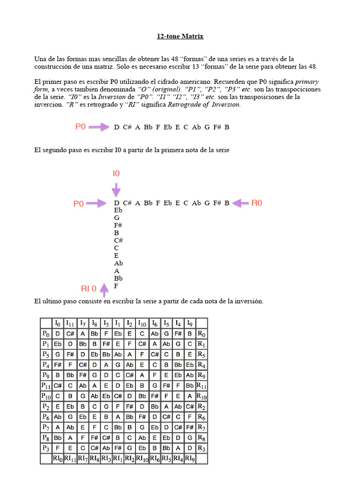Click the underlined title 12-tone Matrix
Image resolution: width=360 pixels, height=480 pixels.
click(x=180, y=36)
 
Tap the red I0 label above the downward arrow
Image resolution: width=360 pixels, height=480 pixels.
click(x=116, y=173)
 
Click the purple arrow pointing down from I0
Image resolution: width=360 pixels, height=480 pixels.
click(x=116, y=189)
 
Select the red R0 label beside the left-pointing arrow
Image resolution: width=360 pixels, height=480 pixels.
click(x=257, y=203)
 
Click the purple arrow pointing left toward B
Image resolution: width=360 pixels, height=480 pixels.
click(x=240, y=203)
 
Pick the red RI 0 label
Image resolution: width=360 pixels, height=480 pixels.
click(x=89, y=288)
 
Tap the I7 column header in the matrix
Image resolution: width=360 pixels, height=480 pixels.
click(x=82, y=323)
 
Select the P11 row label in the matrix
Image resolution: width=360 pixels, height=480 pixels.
click(x=45, y=385)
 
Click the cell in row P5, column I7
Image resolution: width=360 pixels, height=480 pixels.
click(x=82, y=354)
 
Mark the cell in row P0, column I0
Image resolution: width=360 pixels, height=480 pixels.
click(x=58, y=333)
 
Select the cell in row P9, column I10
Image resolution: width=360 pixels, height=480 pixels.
click(x=142, y=375)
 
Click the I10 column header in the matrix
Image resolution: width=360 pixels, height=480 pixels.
click(x=142, y=323)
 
